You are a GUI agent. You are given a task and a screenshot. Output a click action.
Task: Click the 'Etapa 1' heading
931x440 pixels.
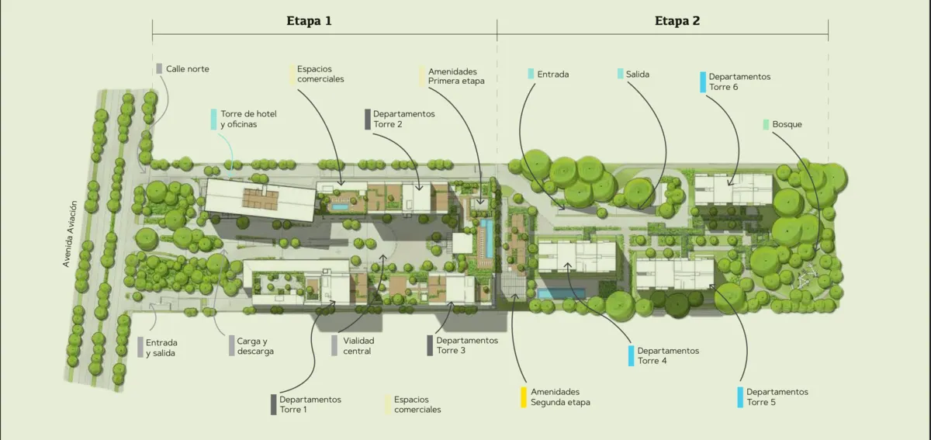(x=310, y=21)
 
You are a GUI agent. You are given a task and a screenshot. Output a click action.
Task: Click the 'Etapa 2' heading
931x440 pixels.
(x=677, y=21)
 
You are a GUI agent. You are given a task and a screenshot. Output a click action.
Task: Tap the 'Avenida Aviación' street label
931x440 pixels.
(x=70, y=234)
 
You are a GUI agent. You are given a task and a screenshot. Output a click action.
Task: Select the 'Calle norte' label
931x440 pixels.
(x=188, y=69)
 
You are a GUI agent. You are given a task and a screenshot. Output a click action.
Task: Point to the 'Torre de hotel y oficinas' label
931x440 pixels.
(x=248, y=119)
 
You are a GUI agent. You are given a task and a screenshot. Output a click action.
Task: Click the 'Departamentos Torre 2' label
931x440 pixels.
(x=404, y=119)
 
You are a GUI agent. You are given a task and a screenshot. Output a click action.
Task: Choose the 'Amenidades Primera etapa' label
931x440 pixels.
(x=456, y=76)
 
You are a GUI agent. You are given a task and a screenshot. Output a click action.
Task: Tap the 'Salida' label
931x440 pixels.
(x=638, y=74)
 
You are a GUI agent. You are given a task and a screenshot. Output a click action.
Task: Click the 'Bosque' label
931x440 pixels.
(x=787, y=124)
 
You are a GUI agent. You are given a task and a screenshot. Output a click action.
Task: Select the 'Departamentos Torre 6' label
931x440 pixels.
(x=740, y=82)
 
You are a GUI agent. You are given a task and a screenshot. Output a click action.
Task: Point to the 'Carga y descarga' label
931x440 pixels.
(x=255, y=346)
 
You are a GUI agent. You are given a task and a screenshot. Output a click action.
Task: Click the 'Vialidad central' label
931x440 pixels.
(x=358, y=345)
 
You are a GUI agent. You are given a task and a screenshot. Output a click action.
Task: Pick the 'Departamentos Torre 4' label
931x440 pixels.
(x=668, y=355)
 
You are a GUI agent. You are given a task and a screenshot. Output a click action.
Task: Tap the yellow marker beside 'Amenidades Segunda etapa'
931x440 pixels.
(x=524, y=397)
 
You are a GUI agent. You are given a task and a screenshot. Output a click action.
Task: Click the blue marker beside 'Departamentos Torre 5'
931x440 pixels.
(x=740, y=397)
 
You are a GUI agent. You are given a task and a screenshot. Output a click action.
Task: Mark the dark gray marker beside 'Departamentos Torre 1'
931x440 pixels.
(x=273, y=404)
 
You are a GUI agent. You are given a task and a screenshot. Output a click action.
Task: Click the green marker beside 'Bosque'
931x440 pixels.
(x=766, y=124)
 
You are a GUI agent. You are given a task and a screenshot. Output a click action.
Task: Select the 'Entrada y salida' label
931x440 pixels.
(x=161, y=348)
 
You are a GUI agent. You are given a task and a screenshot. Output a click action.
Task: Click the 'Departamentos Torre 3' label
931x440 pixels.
(x=467, y=345)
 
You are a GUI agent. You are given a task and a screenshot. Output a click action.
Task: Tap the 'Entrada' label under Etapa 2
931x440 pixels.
(x=553, y=74)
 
